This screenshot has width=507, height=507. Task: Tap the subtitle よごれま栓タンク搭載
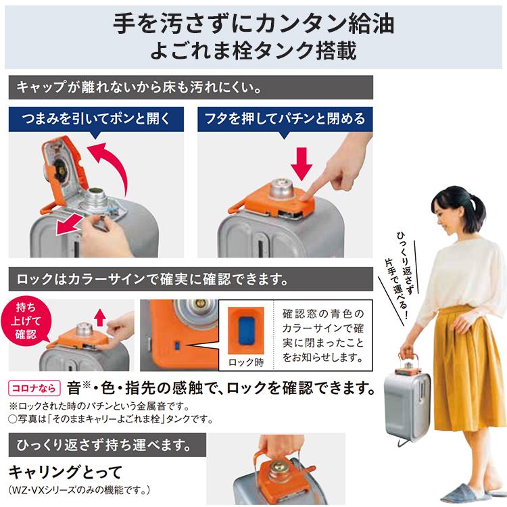pyautogui.click(x=254, y=51)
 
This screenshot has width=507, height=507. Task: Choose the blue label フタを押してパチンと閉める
pyautogui.click(x=285, y=119)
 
